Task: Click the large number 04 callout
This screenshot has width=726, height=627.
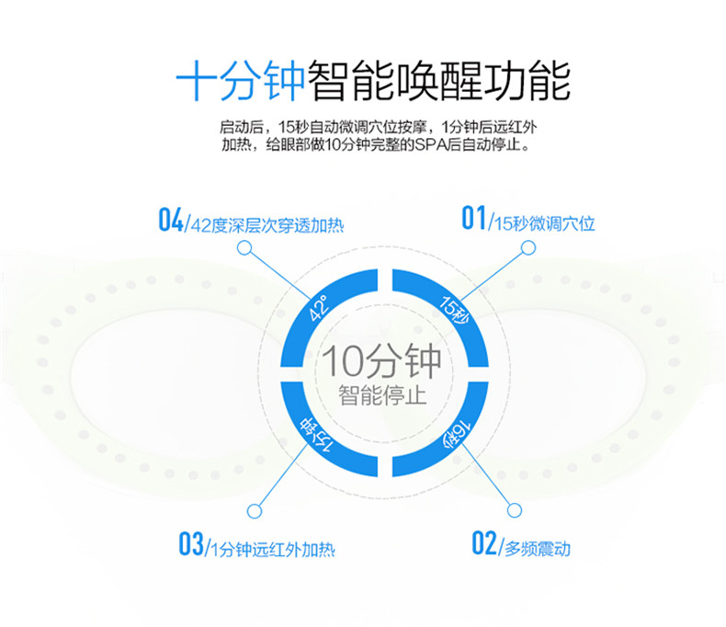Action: pyautogui.click(x=171, y=220)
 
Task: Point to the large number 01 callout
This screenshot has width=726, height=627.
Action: pyautogui.click(x=473, y=218)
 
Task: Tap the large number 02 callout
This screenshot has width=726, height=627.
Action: pyautogui.click(x=483, y=543)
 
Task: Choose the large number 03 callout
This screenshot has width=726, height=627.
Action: pyautogui.click(x=191, y=543)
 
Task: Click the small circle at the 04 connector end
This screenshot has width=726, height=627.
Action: pyautogui.click(x=244, y=248)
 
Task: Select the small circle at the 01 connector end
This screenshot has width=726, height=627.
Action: pyautogui.click(x=528, y=247)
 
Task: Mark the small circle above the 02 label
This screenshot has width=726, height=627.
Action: pyautogui.click(x=515, y=510)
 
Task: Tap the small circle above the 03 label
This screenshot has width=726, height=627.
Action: pyautogui.click(x=255, y=511)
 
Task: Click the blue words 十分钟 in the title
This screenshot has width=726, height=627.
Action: pyautogui.click(x=240, y=81)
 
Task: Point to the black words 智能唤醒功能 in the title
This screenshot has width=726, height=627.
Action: pyautogui.click(x=439, y=81)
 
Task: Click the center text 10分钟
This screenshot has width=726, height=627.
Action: pyautogui.click(x=382, y=361)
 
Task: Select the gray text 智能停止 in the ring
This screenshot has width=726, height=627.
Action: pyautogui.click(x=382, y=395)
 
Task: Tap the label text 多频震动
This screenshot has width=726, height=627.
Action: pyautogui.click(x=537, y=549)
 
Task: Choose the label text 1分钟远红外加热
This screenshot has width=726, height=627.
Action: pyautogui.click(x=273, y=550)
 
